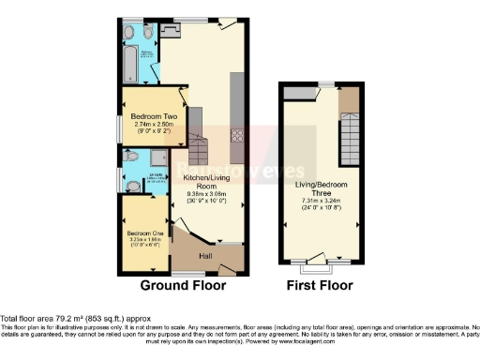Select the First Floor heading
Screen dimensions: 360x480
pos(322,284)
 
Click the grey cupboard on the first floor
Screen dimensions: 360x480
pos(300,93)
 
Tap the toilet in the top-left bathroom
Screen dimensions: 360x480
pos(129,31)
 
